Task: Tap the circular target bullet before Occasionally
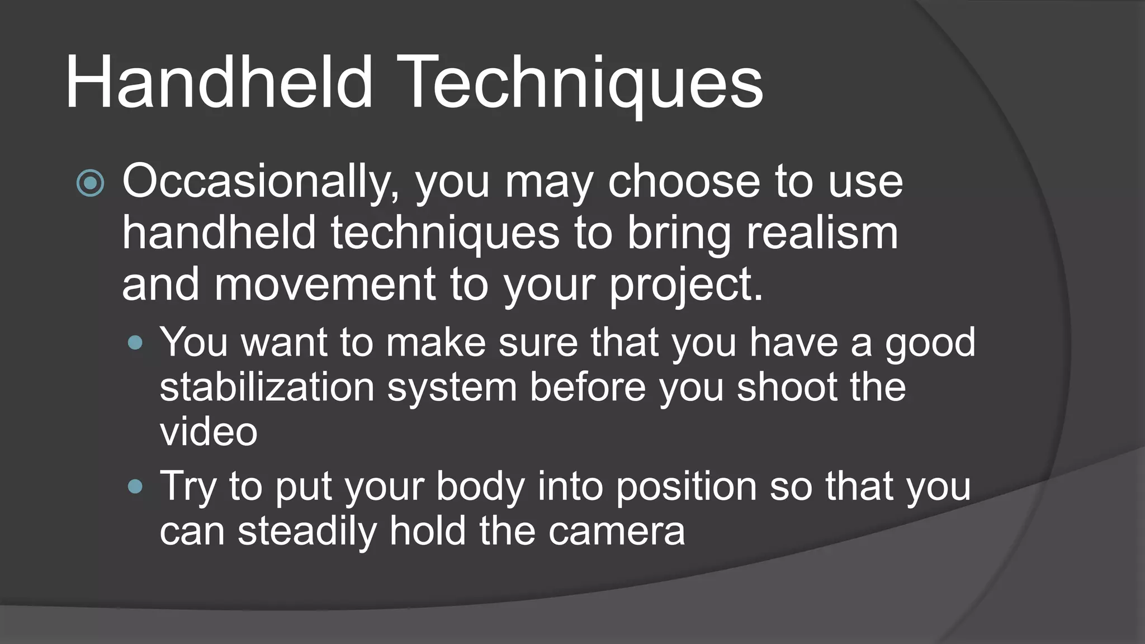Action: (90, 183)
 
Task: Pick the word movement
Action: (324, 284)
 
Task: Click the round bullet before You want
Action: (135, 342)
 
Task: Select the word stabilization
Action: (267, 387)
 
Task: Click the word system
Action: (452, 388)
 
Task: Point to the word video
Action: (208, 432)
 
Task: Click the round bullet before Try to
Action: (135, 486)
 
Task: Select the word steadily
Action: (307, 531)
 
